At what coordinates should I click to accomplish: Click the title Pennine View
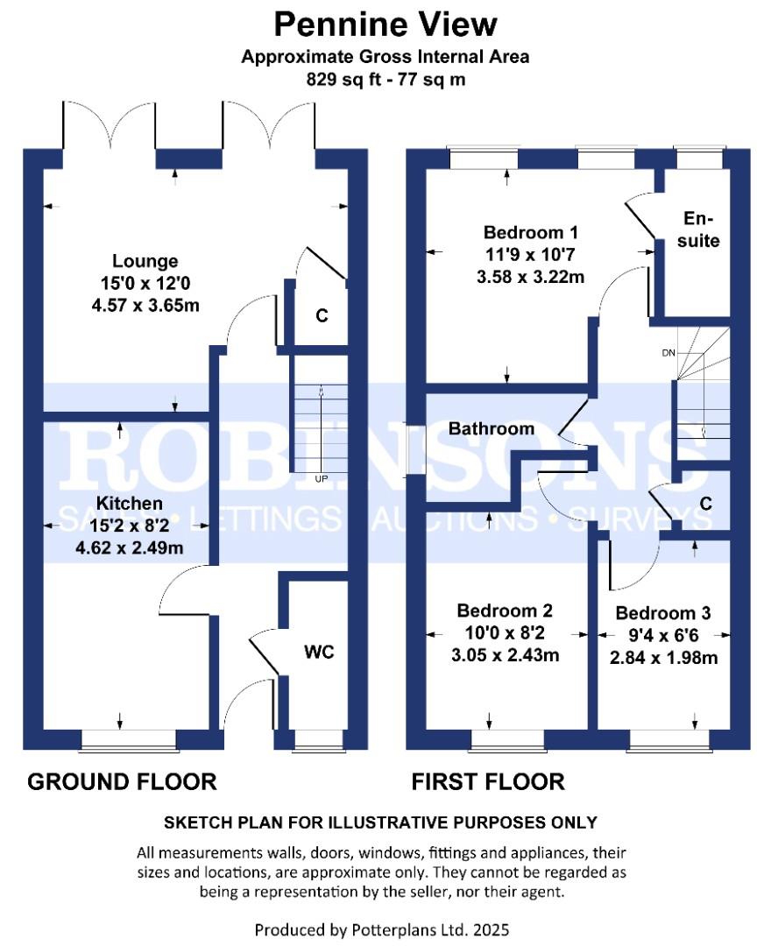385,24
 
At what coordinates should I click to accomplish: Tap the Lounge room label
145,261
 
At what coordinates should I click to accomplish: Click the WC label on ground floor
320,652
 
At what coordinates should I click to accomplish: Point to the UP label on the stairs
322,479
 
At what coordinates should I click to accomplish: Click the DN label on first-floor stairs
668,352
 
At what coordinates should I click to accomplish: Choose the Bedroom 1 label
530,233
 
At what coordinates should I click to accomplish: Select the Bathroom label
491,428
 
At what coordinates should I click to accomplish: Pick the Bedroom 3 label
662,612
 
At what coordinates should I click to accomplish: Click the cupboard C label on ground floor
322,316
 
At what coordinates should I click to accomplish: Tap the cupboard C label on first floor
705,504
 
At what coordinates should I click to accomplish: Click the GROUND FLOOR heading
122,780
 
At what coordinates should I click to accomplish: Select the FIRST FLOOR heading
488,780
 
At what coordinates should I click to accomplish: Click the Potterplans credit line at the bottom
381,928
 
